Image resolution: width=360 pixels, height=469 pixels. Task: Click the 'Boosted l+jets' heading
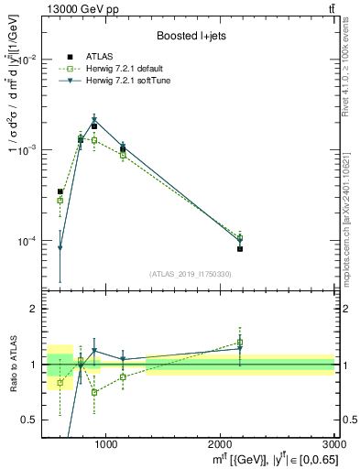191,36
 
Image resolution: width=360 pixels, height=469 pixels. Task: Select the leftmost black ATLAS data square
60,191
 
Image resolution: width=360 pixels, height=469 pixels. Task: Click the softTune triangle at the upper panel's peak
94,119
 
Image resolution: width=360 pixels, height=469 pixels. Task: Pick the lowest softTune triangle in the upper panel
60,247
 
